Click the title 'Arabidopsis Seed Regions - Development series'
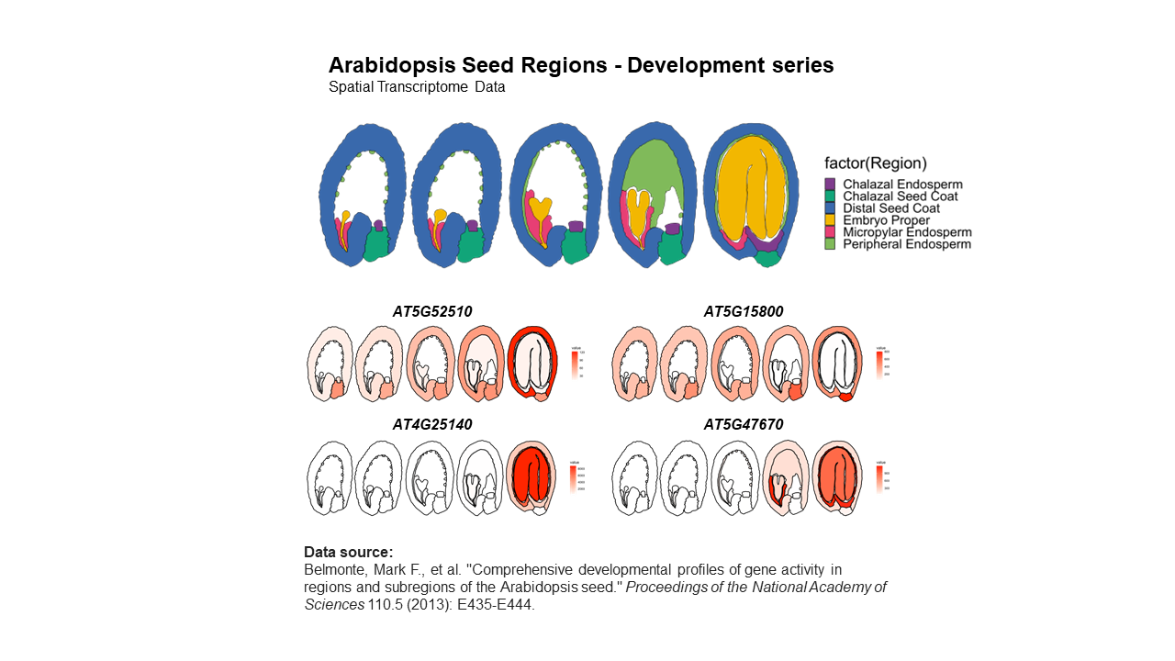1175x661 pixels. [581, 65]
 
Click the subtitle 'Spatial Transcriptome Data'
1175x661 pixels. [417, 88]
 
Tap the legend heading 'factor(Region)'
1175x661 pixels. [875, 163]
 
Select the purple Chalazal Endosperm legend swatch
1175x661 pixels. [830, 185]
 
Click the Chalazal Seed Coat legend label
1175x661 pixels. [900, 196]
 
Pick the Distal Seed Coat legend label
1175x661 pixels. [890, 208]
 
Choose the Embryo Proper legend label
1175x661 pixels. [886, 220]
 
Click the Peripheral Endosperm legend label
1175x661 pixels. [906, 244]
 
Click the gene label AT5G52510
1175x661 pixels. [432, 312]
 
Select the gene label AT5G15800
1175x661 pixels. [744, 312]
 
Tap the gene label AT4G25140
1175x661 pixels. [432, 425]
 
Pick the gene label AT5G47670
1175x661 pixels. [744, 425]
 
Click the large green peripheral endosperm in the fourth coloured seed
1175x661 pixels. [654, 165]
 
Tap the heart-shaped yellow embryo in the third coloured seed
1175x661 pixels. [540, 209]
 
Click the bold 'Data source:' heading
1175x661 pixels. [349, 552]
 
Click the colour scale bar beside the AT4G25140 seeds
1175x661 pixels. [573, 479]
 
